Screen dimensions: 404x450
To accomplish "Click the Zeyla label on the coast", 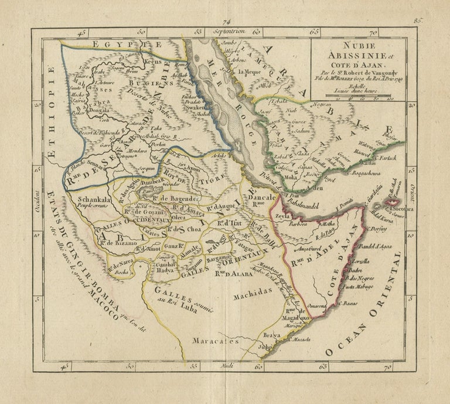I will coord(284,216).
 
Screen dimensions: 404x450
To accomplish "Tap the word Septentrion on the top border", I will coord(229,30).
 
